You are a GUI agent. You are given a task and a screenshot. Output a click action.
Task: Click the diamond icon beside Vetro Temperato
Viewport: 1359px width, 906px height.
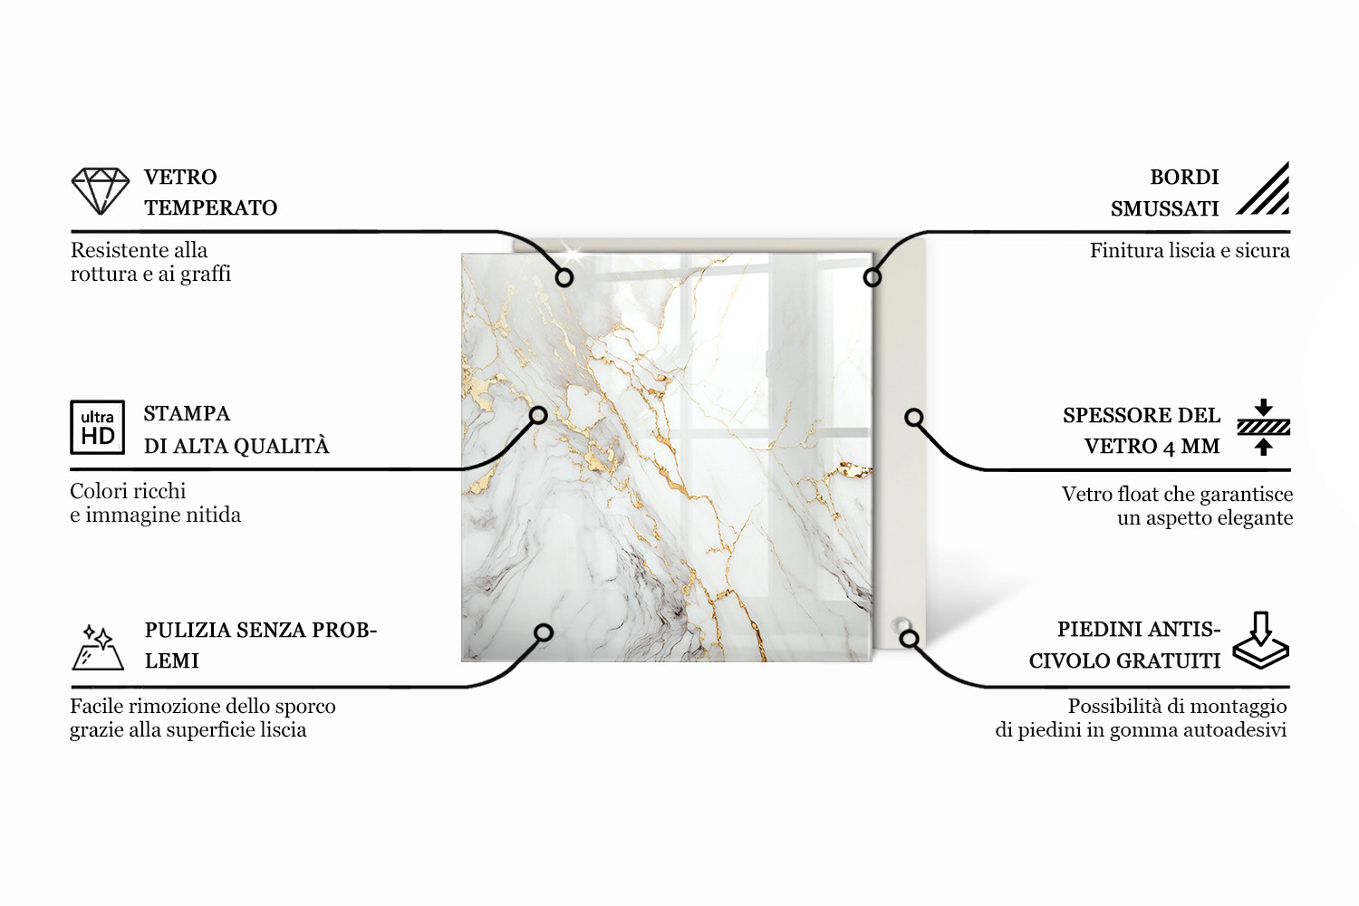(100, 191)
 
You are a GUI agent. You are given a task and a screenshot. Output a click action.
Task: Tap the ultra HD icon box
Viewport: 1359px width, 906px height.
(98, 428)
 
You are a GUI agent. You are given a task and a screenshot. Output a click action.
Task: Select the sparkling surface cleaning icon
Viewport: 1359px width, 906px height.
(98, 647)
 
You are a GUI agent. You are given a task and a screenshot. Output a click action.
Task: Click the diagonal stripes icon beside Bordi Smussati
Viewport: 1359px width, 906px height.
(1263, 188)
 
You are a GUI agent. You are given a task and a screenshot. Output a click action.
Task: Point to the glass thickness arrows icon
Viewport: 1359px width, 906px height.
(1264, 428)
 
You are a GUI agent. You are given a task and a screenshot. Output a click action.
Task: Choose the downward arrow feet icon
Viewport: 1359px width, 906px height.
(1261, 641)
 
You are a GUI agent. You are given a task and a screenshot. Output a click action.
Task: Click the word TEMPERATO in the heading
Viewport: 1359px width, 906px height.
(210, 208)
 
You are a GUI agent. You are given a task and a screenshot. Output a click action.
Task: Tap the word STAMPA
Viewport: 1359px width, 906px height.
(187, 414)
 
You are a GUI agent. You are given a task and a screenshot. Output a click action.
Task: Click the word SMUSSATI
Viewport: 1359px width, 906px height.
(1165, 208)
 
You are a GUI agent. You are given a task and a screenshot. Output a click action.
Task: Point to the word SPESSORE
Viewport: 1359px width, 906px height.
(1112, 416)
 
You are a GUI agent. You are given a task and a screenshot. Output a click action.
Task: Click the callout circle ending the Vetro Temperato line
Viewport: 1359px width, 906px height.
(564, 278)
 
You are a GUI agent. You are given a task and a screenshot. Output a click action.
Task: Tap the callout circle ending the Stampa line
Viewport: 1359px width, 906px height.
(538, 416)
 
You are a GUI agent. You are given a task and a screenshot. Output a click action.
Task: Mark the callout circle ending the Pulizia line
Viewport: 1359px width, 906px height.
(544, 633)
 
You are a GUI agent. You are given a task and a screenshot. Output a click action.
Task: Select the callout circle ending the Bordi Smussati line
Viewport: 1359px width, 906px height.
(872, 278)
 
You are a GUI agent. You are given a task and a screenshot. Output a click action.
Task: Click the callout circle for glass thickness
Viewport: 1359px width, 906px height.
(914, 418)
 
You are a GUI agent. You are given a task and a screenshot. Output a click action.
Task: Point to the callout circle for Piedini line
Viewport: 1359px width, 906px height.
(909, 639)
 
